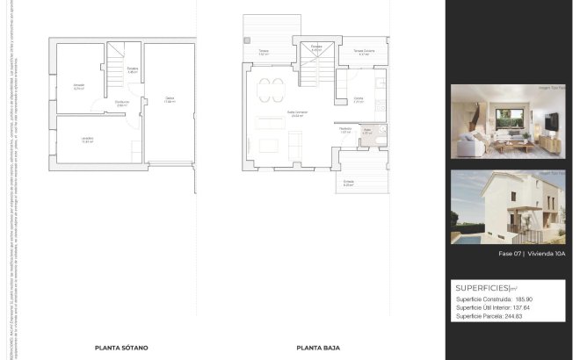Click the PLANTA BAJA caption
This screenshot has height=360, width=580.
pyautogui.click(x=318, y=347)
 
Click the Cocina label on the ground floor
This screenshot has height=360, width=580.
pyautogui.click(x=359, y=98)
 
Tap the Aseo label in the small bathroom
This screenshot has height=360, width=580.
pyautogui.click(x=368, y=132)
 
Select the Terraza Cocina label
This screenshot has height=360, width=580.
pyautogui.click(x=364, y=52)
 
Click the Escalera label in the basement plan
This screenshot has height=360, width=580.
pyautogui.click(x=133, y=69)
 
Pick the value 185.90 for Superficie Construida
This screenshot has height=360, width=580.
pyautogui.click(x=524, y=299)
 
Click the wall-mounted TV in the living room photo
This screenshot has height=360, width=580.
pyautogui.click(x=550, y=119)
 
